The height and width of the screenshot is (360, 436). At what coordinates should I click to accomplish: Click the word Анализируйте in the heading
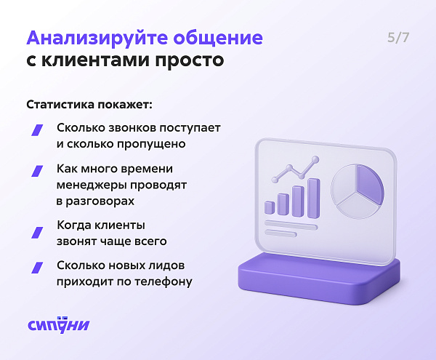(97, 38)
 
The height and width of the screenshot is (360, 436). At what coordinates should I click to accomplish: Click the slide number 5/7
(398, 38)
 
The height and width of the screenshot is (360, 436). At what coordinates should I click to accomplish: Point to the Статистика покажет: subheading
(89, 105)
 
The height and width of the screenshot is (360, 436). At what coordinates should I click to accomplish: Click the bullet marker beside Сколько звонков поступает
(37, 130)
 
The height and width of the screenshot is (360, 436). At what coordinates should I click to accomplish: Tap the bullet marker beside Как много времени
(37, 171)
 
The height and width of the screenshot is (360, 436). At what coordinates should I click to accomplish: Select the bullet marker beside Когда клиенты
(37, 233)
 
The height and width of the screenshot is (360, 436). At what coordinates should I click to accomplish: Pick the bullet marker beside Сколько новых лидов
(37, 268)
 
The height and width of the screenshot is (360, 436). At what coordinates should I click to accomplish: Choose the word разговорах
(100, 201)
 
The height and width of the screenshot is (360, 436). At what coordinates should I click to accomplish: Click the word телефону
(163, 282)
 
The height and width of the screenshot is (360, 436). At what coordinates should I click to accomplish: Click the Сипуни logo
(58, 324)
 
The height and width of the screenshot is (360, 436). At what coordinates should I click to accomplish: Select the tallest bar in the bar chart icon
(314, 198)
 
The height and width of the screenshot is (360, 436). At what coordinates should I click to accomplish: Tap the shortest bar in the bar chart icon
(270, 208)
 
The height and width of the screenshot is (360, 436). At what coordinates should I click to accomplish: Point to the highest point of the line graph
(315, 159)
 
